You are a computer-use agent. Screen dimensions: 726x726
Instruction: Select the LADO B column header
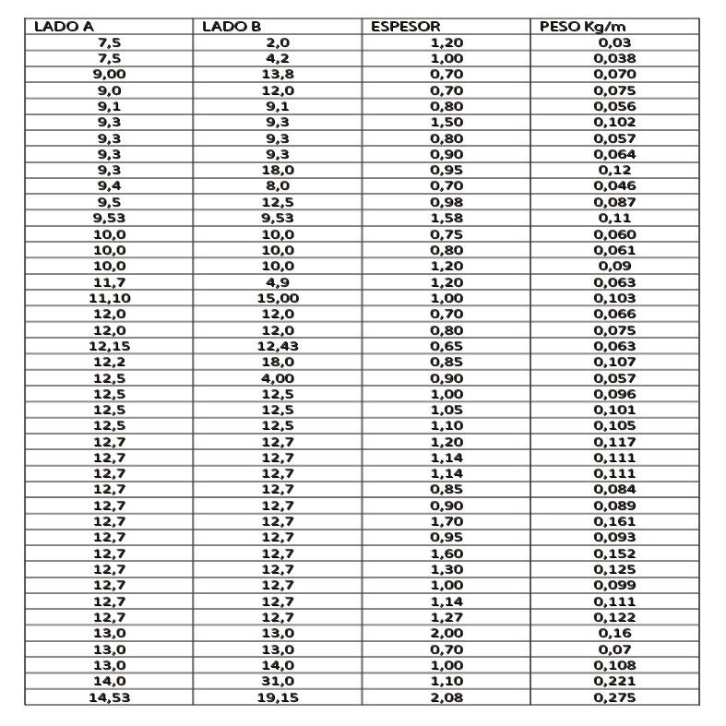232,27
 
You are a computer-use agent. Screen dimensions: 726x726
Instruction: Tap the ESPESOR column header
406,27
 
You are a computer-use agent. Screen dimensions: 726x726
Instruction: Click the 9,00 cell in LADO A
109,74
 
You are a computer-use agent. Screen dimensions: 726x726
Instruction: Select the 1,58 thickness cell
446,219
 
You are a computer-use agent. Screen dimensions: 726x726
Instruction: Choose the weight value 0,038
615,57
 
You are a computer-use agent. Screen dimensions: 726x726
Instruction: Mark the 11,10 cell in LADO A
109,299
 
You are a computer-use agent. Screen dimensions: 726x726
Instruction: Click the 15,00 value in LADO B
278,299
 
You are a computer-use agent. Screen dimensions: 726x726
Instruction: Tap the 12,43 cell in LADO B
278,347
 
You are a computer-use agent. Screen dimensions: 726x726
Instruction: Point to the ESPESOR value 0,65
446,347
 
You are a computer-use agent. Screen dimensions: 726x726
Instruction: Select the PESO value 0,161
615,521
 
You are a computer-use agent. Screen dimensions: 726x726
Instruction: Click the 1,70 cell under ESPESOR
446,521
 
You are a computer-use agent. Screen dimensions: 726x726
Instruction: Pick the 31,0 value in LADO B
278,682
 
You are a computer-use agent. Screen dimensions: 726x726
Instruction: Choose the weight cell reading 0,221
615,682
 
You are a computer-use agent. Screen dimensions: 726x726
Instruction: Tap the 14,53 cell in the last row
109,698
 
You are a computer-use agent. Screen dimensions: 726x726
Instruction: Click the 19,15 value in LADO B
278,698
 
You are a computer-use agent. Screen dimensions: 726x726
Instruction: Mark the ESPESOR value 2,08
446,698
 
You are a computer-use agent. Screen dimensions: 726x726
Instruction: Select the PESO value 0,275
615,698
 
